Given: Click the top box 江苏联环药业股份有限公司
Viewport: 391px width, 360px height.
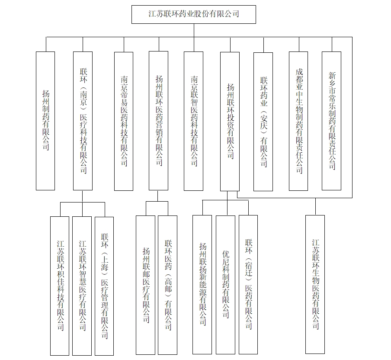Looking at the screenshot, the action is (x=194, y=14).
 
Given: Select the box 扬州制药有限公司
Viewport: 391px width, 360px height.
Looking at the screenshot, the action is (x=45, y=121).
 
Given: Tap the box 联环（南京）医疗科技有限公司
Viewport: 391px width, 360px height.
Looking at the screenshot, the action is (x=83, y=121).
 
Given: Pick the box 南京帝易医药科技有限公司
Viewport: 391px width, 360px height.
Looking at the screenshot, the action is (x=124, y=121).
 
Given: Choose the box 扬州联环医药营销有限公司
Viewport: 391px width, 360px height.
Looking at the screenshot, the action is (x=159, y=121).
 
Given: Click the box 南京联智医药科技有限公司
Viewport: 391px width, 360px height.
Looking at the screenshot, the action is (x=193, y=121).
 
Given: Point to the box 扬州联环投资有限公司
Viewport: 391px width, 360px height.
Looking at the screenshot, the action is (x=230, y=122).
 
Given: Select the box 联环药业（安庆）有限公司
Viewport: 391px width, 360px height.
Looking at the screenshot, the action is (x=263, y=122).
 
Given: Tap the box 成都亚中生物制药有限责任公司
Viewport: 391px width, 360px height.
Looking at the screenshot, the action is (x=298, y=121).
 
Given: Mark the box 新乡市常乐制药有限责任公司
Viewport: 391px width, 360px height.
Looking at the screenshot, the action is (x=332, y=121).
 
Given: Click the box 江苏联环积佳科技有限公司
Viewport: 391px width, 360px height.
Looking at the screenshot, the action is (x=60, y=286).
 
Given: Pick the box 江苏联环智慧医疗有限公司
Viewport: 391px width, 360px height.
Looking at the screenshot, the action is (x=82, y=286).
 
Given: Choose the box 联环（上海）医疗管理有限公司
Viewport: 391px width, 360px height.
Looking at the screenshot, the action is (x=104, y=286).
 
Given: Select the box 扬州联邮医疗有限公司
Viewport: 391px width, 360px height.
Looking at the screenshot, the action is (x=146, y=285).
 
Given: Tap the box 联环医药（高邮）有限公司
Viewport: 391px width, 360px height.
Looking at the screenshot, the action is (x=167, y=285).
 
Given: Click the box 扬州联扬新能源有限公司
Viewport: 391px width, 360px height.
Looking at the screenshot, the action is (x=202, y=285).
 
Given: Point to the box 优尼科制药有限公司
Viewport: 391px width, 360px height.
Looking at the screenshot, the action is (x=225, y=285).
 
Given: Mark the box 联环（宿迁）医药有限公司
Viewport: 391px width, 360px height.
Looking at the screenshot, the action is (x=248, y=285).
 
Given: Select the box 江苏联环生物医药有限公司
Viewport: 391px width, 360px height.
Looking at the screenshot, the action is (x=315, y=284).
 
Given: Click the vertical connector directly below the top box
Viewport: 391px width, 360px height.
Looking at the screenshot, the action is (x=194, y=30).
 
